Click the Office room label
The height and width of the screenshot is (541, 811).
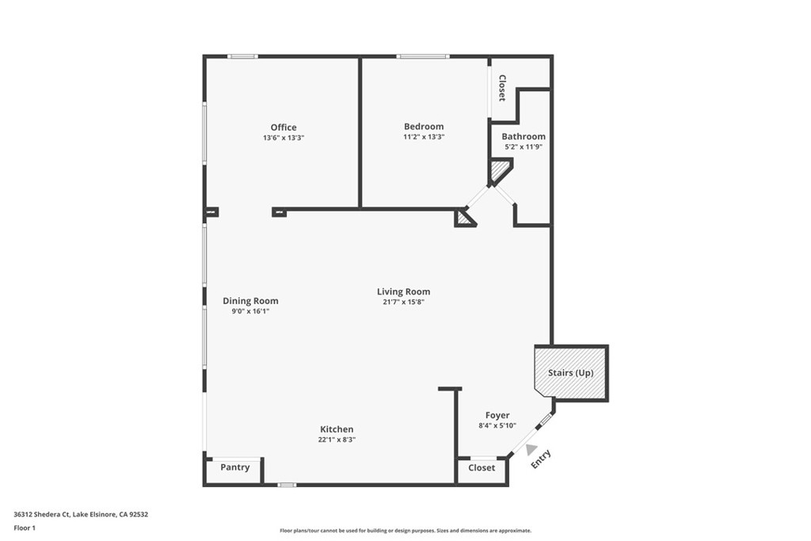coord(284,128)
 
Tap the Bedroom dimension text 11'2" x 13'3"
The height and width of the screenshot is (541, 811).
coord(424,137)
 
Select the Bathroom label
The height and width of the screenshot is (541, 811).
coord(524,136)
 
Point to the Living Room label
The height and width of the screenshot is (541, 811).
coord(403,292)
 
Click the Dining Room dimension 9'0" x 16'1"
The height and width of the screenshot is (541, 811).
coord(250,311)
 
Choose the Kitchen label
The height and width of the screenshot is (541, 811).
coord(337,429)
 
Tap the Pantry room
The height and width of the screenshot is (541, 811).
coord(234,468)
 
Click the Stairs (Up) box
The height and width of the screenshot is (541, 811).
coord(571,372)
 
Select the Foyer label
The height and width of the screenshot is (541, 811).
coord(497,415)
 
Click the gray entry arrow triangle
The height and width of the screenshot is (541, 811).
coord(531,449)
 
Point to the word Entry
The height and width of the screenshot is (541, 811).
coord(541,460)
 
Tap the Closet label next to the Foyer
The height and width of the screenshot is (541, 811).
coord(482,468)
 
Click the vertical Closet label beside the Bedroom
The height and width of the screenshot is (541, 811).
coord(501,88)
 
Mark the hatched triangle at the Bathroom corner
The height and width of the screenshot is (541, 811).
coord(499,169)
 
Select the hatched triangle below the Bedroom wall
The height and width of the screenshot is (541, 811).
coord(463,219)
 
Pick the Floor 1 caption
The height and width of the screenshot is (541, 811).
coord(25,528)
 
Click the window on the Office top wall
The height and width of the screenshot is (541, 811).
coord(242,56)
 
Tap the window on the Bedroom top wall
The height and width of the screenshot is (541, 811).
coord(423,56)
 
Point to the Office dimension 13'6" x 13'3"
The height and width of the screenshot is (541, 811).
coord(284,138)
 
